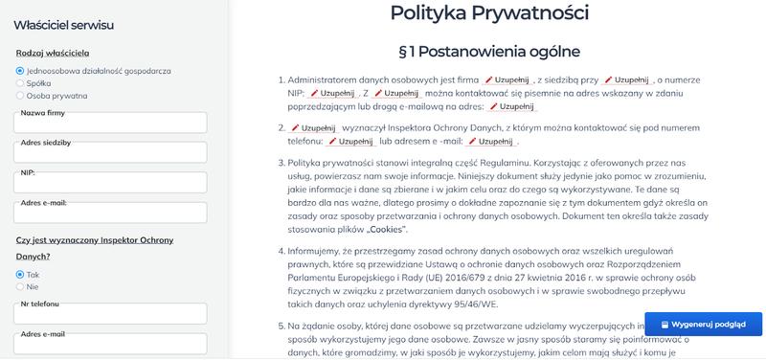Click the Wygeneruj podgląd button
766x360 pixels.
click(704, 324)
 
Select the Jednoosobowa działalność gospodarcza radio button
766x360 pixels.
click(20, 71)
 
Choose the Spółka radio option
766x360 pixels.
click(20, 83)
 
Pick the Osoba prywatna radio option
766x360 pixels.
click(20, 96)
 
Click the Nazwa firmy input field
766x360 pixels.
click(110, 124)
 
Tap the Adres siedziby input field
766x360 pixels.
click(110, 153)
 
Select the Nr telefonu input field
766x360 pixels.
click(110, 314)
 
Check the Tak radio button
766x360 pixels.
click(20, 274)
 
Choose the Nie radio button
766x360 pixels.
click(20, 286)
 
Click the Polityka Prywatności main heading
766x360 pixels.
click(489, 13)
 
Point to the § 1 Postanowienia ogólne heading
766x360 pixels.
click(489, 50)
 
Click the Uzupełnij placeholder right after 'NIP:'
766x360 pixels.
click(331, 94)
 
